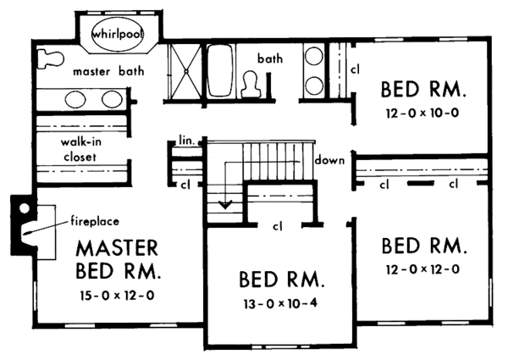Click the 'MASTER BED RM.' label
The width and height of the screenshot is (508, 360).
[116, 261]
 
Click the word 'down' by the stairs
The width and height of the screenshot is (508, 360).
[327, 160]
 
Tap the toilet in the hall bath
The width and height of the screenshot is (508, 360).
[251, 82]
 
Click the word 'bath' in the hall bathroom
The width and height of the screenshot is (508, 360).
[269, 58]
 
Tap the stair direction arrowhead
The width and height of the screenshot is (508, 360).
[224, 203]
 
